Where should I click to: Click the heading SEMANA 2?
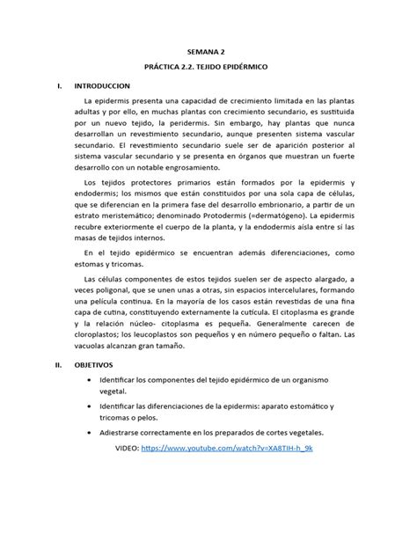208,52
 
